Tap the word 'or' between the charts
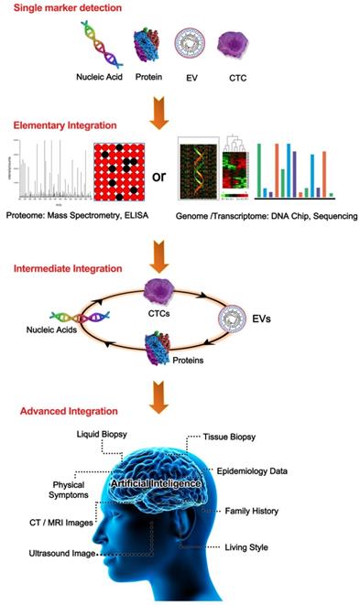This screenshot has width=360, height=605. tap(158, 174)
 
